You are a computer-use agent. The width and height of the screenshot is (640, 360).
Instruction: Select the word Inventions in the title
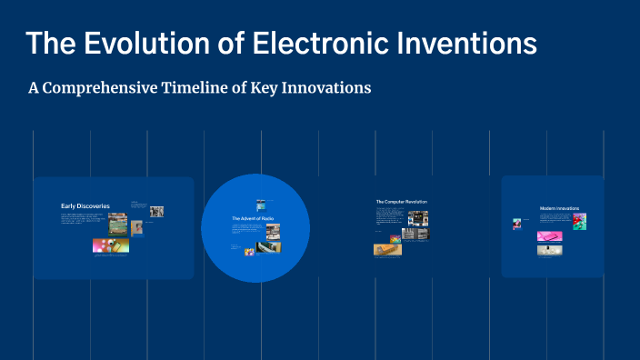pyautogui.click(x=467, y=43)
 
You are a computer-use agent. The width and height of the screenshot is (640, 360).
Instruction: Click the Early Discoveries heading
pyautogui.click(x=85, y=206)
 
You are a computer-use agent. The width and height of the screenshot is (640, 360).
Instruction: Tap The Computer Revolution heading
pyautogui.click(x=401, y=201)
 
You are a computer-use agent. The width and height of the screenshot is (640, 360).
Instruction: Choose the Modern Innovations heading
pyautogui.click(x=559, y=208)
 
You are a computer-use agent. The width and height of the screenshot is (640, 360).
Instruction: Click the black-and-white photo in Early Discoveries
pyautogui.click(x=156, y=211)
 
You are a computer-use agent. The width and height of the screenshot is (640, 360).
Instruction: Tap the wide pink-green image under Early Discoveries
pyautogui.click(x=111, y=245)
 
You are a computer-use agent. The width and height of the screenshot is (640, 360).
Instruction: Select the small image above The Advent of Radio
pyautogui.click(x=261, y=203)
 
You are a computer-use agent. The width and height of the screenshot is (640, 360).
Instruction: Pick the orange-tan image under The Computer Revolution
pyautogui.click(x=387, y=249)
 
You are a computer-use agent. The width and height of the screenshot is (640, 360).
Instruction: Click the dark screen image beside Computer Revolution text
pyautogui.click(x=417, y=218)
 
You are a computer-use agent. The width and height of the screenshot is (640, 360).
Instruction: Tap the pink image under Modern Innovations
pyautogui.click(x=549, y=236)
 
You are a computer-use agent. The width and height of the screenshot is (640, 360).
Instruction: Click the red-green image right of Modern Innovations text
pyautogui.click(x=579, y=221)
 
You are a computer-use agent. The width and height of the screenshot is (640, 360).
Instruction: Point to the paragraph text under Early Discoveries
pyautogui.click(x=83, y=218)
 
